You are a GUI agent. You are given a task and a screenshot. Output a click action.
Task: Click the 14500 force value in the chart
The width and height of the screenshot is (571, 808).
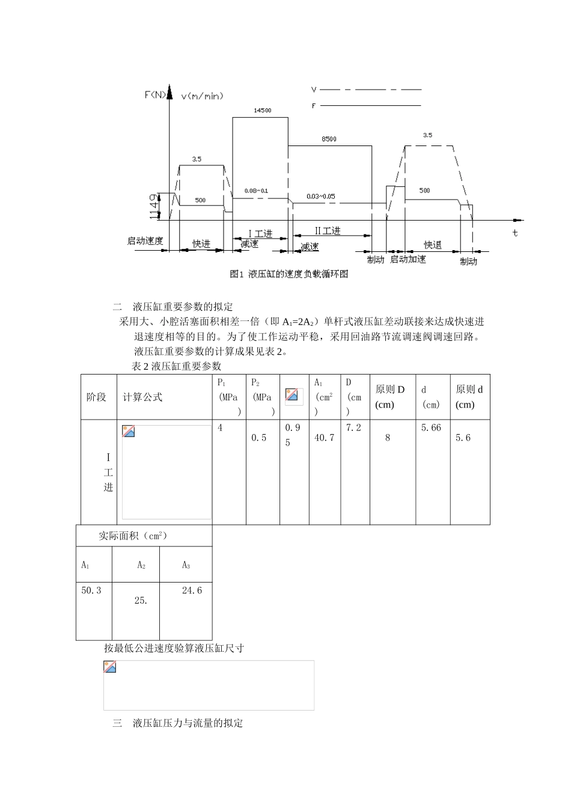(262, 111)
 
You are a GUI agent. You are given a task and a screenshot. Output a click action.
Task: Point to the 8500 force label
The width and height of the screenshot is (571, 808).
(329, 139)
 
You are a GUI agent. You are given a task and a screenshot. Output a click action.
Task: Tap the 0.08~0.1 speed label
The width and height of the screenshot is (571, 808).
(256, 191)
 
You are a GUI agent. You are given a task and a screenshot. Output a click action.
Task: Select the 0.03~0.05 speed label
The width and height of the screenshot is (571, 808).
(321, 196)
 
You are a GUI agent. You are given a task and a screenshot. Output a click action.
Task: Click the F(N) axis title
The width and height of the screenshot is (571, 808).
(156, 94)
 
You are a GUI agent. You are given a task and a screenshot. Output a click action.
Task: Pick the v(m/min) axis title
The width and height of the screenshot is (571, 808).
(203, 96)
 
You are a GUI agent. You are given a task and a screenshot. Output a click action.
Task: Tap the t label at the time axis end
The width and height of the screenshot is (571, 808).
(515, 233)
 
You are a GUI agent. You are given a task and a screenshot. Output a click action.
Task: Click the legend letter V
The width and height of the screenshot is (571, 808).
(314, 90)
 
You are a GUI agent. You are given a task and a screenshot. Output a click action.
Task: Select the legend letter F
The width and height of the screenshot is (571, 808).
(314, 106)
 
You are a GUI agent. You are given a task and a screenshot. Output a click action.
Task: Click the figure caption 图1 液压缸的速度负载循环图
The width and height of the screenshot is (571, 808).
(289, 274)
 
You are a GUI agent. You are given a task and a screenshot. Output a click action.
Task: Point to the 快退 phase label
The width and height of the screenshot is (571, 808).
(433, 245)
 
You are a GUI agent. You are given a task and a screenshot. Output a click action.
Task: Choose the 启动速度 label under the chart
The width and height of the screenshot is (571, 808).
(145, 241)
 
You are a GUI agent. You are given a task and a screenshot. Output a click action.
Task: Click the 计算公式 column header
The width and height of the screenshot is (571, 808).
(142, 397)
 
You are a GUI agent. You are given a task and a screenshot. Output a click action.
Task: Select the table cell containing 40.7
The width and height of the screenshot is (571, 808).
(325, 438)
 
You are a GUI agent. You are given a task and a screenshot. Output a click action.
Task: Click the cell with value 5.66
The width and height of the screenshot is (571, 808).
(431, 427)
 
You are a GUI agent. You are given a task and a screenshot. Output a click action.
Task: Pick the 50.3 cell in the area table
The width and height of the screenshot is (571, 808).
(91, 590)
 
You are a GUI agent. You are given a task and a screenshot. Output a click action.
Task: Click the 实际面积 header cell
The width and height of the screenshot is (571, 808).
(133, 536)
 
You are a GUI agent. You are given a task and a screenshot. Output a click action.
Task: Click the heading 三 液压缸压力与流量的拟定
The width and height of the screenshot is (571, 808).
(178, 723)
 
